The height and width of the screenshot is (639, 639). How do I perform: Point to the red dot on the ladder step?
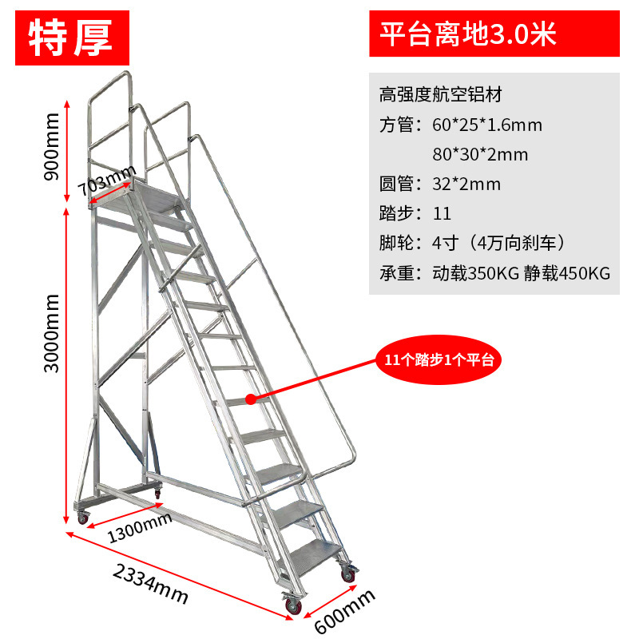(x=250, y=397)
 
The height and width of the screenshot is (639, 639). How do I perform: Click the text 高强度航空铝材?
(x=440, y=96)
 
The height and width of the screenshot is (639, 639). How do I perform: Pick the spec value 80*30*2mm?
(x=479, y=155)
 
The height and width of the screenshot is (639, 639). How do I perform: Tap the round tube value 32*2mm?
(x=466, y=185)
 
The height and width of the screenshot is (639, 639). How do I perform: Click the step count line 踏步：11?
(x=415, y=214)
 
